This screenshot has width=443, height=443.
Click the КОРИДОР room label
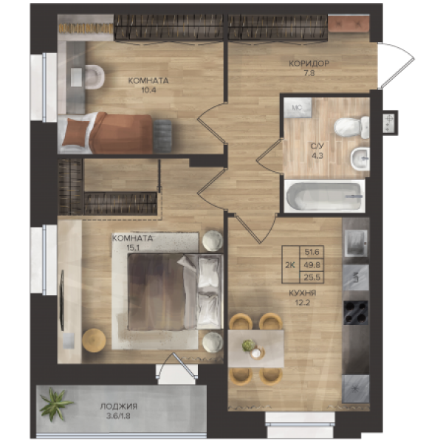click(309, 63)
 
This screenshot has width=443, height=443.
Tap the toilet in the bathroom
click(351, 127)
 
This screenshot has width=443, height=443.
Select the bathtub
click(324, 196)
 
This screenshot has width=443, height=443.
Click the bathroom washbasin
click(360, 159)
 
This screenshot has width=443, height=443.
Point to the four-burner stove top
click(356, 312)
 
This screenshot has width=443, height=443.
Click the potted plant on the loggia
click(55, 404)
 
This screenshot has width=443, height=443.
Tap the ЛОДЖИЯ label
click(119, 407)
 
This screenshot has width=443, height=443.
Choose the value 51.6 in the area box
click(312, 252)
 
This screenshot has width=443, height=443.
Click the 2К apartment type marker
click(290, 265)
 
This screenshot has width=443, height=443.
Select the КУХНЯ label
click(302, 293)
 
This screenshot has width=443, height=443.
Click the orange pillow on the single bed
click(75, 132)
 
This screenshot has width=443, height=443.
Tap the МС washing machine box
click(298, 108)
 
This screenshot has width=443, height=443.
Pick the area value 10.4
click(148, 90)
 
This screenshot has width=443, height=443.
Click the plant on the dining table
click(249, 345)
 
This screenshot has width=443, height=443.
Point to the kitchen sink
click(356, 278)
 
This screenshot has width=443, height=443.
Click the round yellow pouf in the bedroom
click(94, 340)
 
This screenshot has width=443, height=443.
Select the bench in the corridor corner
click(349, 24)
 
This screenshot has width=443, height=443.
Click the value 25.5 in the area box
click(312, 278)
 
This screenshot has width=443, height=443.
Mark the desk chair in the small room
click(95, 77)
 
